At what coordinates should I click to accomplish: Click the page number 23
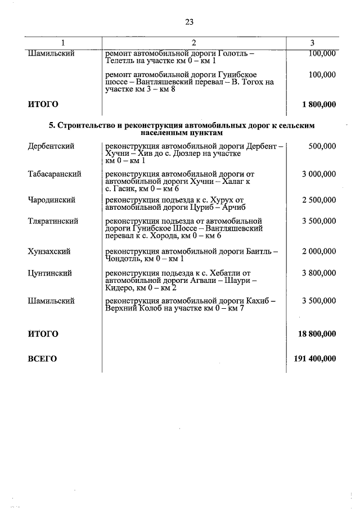click(188, 22)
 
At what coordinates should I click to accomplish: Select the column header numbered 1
click(63, 43)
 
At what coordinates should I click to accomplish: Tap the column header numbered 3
click(312, 43)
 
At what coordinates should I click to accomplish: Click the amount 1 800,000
click(319, 104)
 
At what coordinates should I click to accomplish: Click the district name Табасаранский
click(55, 174)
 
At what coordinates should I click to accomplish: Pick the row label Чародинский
click(52, 200)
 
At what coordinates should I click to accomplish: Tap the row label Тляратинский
click(53, 222)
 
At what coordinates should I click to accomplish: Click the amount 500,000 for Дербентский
click(322, 146)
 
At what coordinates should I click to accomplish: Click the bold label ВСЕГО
click(42, 358)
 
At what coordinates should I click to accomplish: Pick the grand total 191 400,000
click(315, 358)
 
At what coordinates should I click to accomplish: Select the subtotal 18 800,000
click(317, 334)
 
